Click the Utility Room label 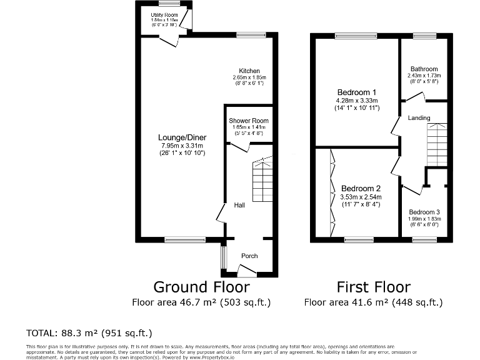pyautogui.click(x=164, y=14)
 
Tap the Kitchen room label pyautogui.click(x=249, y=71)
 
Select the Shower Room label pyautogui.click(x=248, y=121)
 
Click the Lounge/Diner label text pyautogui.click(x=183, y=138)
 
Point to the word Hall pyautogui.click(x=239, y=205)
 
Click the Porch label pyautogui.click(x=249, y=256)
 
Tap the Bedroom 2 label pyautogui.click(x=361, y=189)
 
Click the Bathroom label pyautogui.click(x=424, y=69)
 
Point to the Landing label pyautogui.click(x=419, y=118)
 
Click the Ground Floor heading pyautogui.click(x=201, y=287)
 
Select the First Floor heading pyautogui.click(x=373, y=287)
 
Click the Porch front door pyautogui.click(x=247, y=271)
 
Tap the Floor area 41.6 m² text pyautogui.click(x=373, y=302)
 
